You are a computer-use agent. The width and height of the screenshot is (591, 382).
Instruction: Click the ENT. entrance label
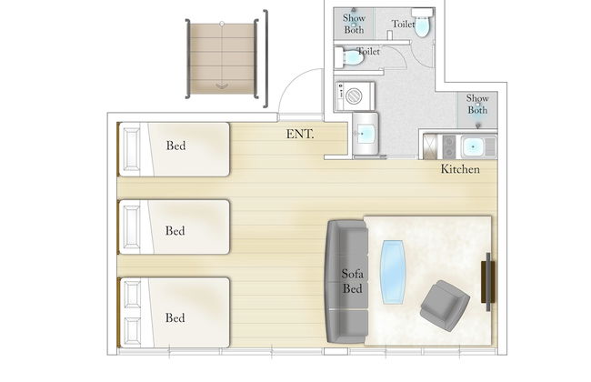point(300,135)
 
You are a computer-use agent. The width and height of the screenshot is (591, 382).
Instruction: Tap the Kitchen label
point(461,169)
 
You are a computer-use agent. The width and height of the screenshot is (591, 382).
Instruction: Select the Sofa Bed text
point(353,280)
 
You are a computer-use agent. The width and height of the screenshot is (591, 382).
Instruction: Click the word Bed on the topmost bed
point(176,145)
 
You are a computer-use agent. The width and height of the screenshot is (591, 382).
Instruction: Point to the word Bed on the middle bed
point(175,231)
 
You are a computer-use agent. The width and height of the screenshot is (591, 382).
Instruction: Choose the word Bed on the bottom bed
point(175,317)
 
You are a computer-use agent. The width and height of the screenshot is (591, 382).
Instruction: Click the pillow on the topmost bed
point(130,150)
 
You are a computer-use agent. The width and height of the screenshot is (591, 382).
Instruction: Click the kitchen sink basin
point(474,146)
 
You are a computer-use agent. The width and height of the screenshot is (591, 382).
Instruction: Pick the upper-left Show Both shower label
point(354,24)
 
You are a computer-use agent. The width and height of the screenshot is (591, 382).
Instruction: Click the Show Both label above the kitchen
point(477,104)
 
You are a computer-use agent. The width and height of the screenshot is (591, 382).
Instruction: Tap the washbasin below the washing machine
point(367,133)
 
